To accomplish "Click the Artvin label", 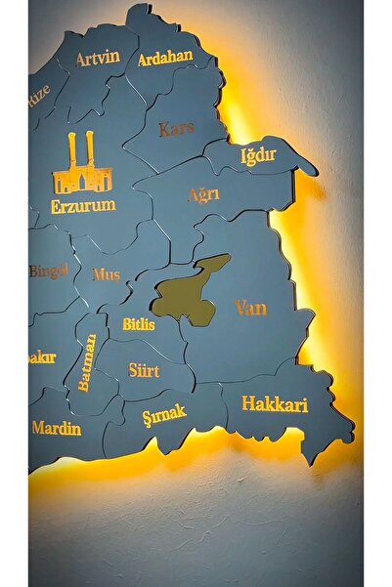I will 98,58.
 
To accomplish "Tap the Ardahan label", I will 165,59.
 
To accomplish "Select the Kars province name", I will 177,128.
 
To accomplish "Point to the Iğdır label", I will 260,156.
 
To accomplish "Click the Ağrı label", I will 203,194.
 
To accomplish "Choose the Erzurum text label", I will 83,206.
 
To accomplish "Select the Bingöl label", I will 47,271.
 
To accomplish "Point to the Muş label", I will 107,274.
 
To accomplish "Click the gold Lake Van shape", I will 191,291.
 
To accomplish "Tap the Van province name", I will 250,309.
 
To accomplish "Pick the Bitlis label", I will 139,323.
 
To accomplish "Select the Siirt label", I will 144,371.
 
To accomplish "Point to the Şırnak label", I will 163,416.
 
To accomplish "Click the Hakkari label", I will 275,403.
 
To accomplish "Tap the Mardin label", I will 57,428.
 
